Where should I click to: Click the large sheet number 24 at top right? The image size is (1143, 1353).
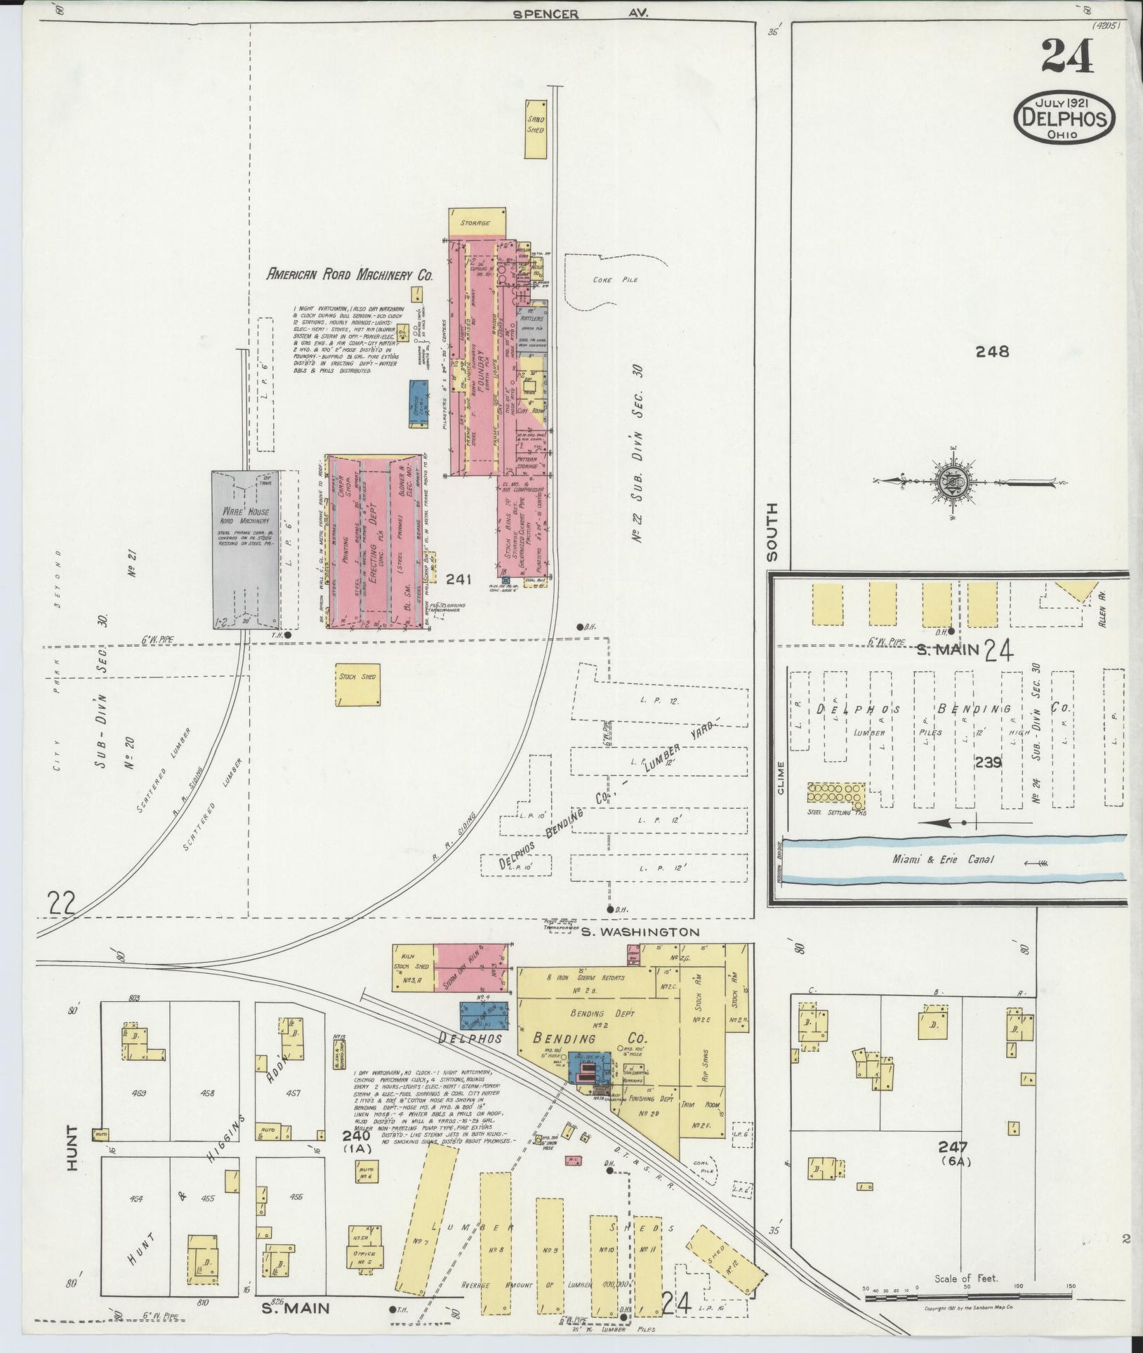1067,56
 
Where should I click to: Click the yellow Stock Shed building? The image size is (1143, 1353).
357,684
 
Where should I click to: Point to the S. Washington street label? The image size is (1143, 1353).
640,932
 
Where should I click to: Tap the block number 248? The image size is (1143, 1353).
992,352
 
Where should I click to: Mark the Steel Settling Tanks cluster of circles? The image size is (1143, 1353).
836,794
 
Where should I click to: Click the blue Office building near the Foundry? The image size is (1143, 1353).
419,402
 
